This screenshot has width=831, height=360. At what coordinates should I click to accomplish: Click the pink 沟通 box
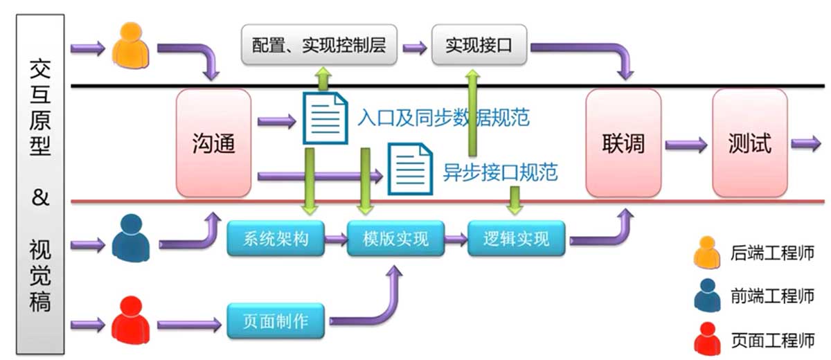(x=213, y=143)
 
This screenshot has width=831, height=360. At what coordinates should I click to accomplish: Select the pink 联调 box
(x=623, y=143)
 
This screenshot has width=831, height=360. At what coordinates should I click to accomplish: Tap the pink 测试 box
(x=750, y=143)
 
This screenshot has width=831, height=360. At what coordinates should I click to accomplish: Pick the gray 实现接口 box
(x=479, y=46)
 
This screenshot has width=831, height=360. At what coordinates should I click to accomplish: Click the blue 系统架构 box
(x=276, y=239)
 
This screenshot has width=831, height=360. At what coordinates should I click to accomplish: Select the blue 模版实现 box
(x=395, y=239)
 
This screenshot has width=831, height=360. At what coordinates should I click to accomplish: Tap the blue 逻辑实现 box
(x=517, y=239)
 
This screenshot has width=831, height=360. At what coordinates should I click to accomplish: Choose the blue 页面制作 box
(x=276, y=321)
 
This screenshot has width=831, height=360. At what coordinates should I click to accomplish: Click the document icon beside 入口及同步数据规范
(x=325, y=118)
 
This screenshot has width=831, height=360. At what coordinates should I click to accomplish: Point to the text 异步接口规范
(x=500, y=171)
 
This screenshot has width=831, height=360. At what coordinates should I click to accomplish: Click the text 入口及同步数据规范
(x=443, y=118)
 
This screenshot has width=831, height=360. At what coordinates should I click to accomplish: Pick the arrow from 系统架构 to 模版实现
(x=337, y=240)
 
